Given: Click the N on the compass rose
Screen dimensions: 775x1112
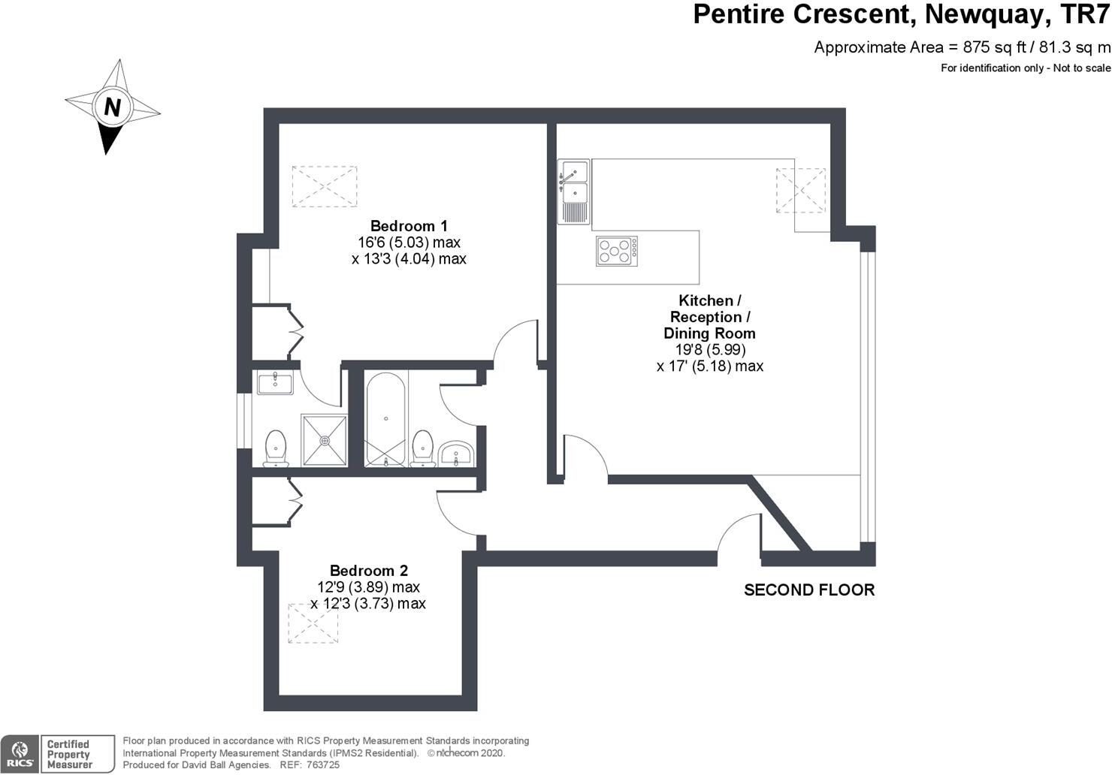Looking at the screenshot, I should pyautogui.click(x=112, y=107).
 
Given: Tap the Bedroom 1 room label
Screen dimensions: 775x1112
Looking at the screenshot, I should pyautogui.click(x=409, y=226).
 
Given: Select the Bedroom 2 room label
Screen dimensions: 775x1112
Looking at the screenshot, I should pyautogui.click(x=368, y=571).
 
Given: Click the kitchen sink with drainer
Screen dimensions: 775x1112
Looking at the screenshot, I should pyautogui.click(x=573, y=192).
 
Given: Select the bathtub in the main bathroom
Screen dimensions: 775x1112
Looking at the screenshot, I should pyautogui.click(x=385, y=418).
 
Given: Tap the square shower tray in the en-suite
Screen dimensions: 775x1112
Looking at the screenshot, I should pyautogui.click(x=325, y=440).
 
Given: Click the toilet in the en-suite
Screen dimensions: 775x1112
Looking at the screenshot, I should pyautogui.click(x=276, y=448).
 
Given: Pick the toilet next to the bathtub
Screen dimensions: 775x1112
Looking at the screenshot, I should pyautogui.click(x=423, y=448).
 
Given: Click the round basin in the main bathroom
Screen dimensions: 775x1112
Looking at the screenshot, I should pyautogui.click(x=456, y=453).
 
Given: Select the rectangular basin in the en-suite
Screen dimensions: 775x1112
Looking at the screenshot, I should pyautogui.click(x=275, y=383).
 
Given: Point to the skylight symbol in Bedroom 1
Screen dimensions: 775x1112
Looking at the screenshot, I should pyautogui.click(x=324, y=187).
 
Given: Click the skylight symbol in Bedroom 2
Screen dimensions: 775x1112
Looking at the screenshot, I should pyautogui.click(x=313, y=623).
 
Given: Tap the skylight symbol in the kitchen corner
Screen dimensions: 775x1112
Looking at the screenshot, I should pyautogui.click(x=800, y=191).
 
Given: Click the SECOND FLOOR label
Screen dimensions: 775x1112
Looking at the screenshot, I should pyautogui.click(x=809, y=590).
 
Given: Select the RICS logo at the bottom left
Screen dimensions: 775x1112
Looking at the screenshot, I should pyautogui.click(x=20, y=754).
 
